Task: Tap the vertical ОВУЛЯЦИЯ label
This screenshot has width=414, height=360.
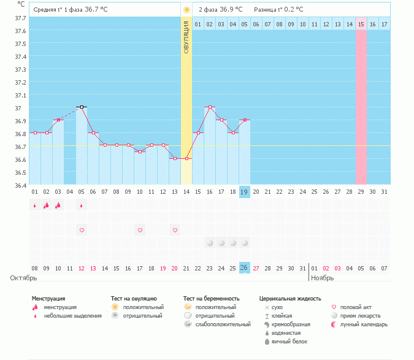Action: [x=186, y=37]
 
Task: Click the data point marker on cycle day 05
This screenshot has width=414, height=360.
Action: [x=82, y=107]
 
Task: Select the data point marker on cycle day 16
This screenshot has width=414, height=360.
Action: [x=210, y=107]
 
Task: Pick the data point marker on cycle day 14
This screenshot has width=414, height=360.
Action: [x=186, y=158]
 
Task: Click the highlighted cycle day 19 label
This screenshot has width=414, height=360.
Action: [x=244, y=192]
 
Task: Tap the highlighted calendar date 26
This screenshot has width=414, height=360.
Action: [x=244, y=268]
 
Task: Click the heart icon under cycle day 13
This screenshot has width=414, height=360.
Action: [x=175, y=230]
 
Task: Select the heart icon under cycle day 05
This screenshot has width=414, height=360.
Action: [x=82, y=230]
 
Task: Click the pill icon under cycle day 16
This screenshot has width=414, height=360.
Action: [x=210, y=243]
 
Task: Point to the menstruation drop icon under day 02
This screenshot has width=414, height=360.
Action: [x=46, y=205]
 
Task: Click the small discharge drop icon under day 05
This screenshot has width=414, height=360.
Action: [x=82, y=205]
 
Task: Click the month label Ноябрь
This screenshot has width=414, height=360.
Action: [x=322, y=278]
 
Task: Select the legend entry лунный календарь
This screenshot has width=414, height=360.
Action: [x=361, y=324]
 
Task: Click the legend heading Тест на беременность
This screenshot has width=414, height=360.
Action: [x=212, y=299]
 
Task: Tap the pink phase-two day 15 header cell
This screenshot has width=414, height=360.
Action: [x=361, y=24]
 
